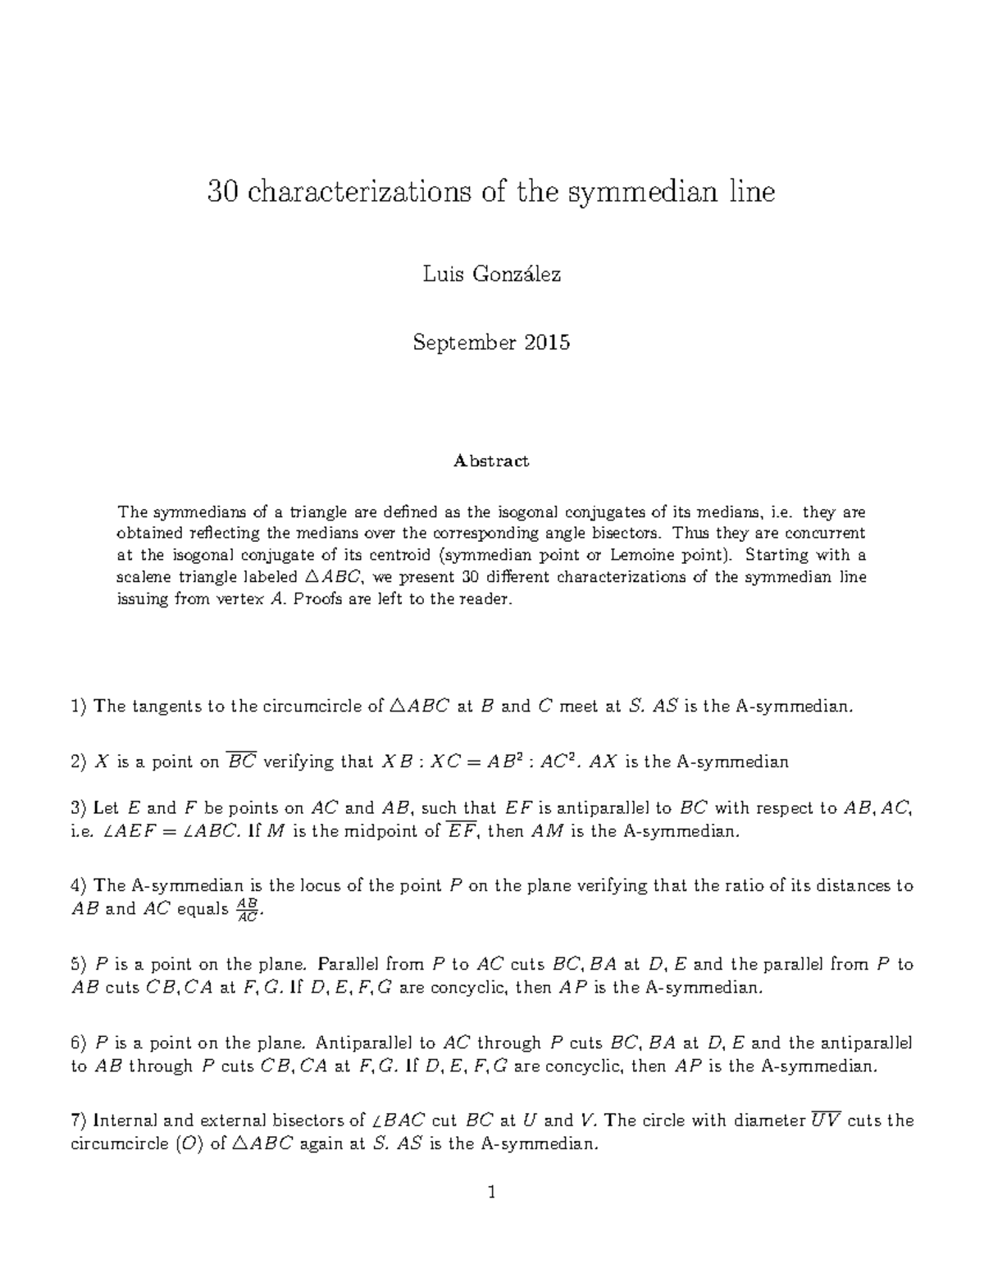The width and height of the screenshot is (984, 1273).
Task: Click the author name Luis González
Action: [491, 275]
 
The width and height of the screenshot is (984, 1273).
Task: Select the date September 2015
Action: [491, 343]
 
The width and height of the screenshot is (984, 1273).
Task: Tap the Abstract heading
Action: [491, 461]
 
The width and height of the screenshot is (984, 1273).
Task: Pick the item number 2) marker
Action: [79, 762]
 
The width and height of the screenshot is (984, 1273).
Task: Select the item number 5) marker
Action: [79, 965]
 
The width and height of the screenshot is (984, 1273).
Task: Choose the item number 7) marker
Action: [79, 1121]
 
